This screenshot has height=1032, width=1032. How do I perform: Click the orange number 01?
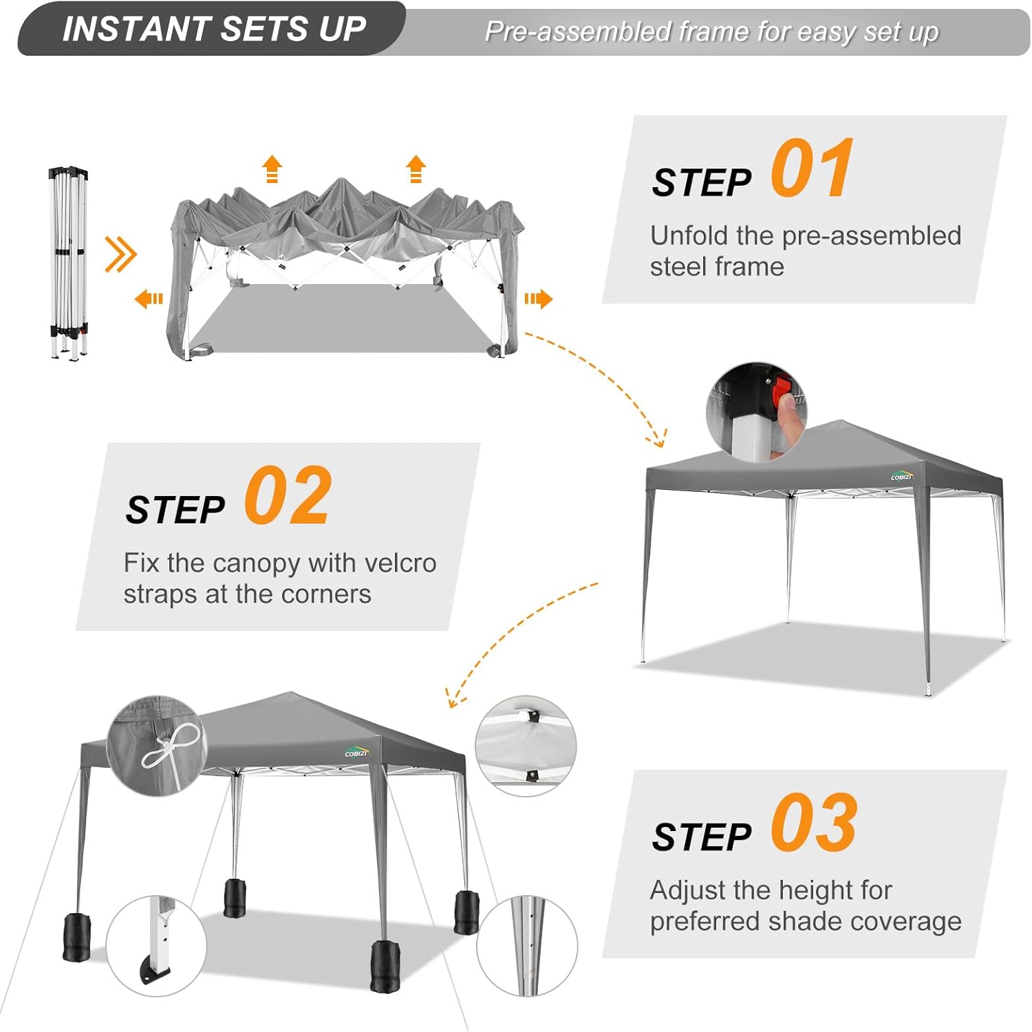813,168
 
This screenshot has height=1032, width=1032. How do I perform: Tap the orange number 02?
288,495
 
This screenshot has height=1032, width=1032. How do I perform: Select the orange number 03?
814,822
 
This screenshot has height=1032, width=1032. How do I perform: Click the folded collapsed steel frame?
69,262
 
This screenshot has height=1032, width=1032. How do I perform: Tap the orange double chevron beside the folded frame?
120,255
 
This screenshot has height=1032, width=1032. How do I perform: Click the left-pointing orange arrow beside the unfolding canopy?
149,299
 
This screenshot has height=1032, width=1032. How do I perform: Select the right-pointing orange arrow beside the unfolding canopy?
538,299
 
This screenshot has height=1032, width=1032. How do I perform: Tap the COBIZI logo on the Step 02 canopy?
901,475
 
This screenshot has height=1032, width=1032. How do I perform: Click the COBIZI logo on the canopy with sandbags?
357,752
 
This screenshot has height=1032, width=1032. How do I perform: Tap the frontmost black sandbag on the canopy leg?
385,966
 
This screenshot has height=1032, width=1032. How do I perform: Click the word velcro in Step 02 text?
400,563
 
